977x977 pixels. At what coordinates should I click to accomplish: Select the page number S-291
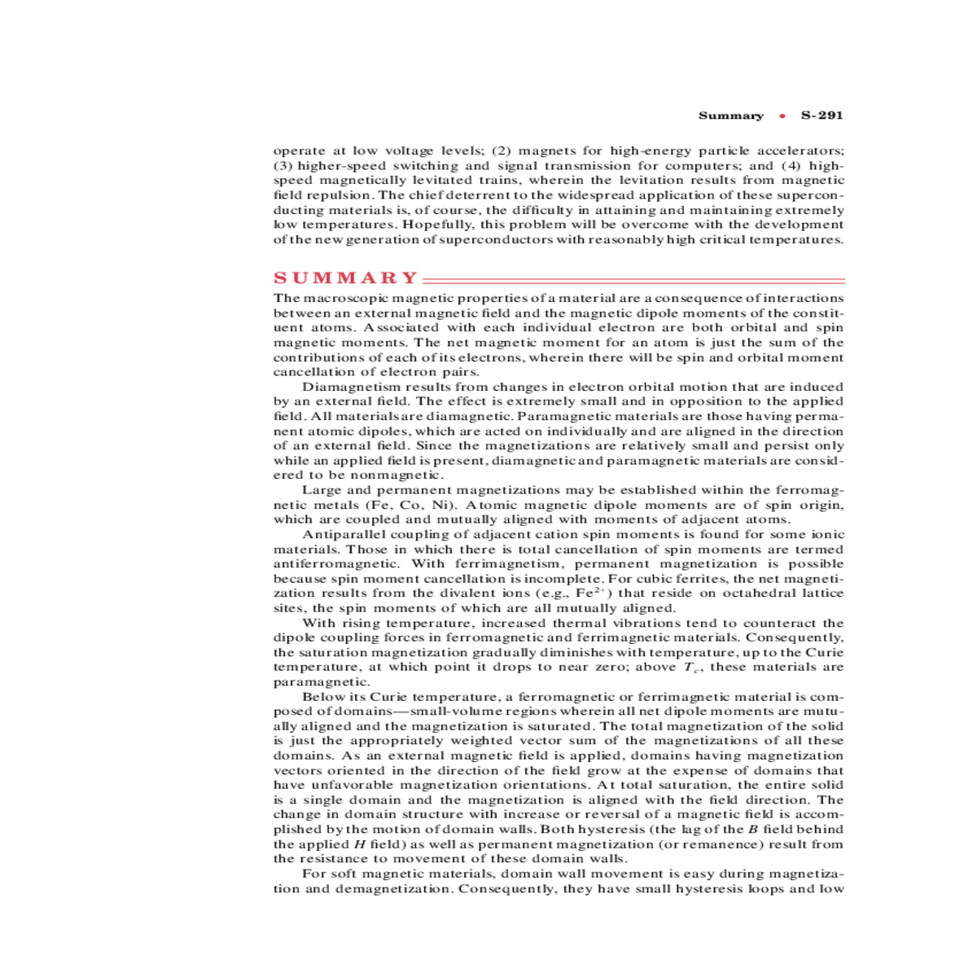tap(822, 116)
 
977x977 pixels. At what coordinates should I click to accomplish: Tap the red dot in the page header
tap(782, 116)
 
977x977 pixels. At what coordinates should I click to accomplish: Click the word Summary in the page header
tap(731, 116)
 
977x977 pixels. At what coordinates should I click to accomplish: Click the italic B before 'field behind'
tap(751, 830)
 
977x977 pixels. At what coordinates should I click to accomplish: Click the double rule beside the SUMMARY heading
tap(633, 279)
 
